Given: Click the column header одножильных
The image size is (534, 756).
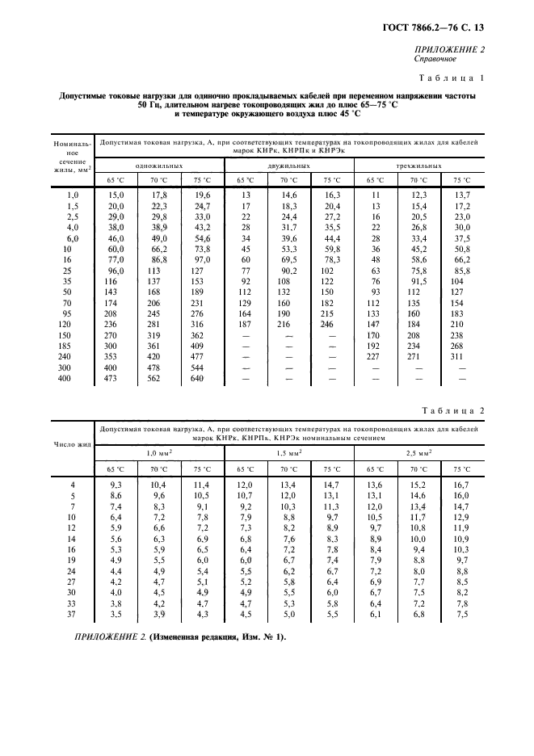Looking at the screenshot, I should (158, 165).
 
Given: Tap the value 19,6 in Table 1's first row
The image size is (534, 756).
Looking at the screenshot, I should (201, 195).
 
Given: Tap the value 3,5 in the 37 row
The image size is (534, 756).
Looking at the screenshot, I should (116, 615).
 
